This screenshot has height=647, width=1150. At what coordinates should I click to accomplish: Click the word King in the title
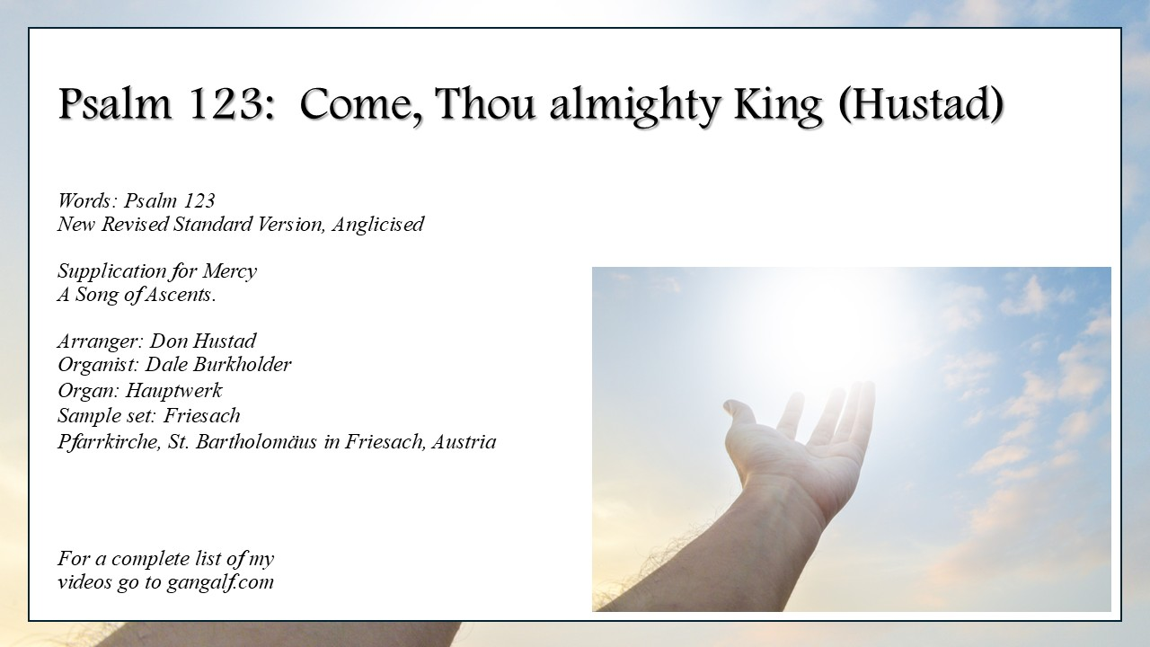click(x=778, y=105)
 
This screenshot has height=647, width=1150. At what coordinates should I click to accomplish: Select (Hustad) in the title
click(x=921, y=104)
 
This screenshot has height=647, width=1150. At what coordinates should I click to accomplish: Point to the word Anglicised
click(x=378, y=225)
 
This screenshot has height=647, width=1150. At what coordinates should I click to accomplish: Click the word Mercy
click(x=229, y=271)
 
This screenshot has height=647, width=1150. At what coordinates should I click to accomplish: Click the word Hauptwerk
click(x=174, y=391)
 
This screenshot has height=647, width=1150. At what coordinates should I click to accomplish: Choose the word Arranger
click(x=100, y=341)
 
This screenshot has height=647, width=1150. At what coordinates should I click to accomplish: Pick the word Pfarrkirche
click(x=110, y=441)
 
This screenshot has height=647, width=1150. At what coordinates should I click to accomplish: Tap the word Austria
click(x=464, y=441)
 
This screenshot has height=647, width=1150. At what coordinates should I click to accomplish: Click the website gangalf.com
click(x=220, y=582)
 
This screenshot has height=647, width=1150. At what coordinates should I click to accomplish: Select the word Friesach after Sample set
click(x=202, y=415)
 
